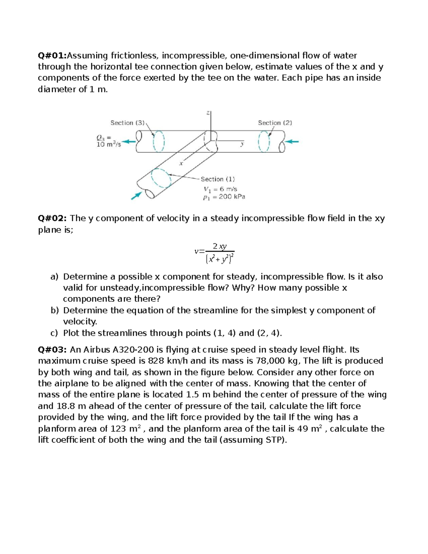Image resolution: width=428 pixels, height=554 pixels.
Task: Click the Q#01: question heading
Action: tap(52, 56)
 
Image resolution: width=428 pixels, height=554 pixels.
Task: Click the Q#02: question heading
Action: tap(53, 218)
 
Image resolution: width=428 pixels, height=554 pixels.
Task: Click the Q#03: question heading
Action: tap(53, 350)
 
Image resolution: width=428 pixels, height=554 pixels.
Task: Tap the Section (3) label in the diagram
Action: tap(127, 123)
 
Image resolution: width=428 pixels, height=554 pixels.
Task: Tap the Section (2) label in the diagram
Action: tap(275, 123)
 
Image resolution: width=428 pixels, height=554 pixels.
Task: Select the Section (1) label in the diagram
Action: tap(218, 179)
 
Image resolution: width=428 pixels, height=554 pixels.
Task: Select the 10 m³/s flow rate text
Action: tap(108, 144)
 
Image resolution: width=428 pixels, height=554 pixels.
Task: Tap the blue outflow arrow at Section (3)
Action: tap(129, 142)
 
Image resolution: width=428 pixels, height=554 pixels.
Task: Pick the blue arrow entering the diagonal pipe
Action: tap(136, 195)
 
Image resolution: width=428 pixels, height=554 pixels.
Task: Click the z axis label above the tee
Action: tap(208, 113)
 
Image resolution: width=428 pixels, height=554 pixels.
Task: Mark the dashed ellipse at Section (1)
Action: tap(161, 178)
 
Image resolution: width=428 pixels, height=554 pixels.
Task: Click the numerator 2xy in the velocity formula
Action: tap(219, 246)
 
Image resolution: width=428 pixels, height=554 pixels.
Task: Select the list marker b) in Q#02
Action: tap(54, 310)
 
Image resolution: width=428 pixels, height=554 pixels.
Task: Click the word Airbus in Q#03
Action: tap(97, 350)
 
